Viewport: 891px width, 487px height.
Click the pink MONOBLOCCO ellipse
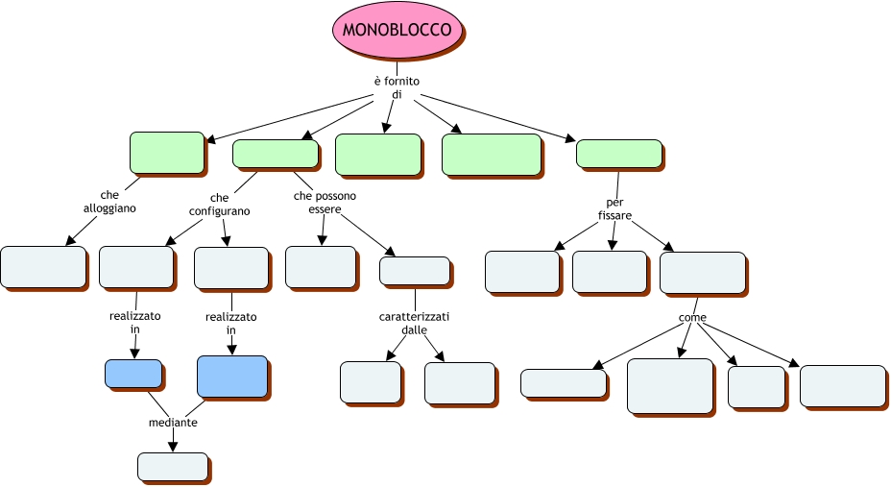[x=397, y=30]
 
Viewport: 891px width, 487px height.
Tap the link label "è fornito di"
[x=397, y=87]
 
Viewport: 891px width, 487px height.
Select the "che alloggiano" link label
[x=109, y=201]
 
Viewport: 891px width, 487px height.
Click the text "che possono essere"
[x=325, y=203]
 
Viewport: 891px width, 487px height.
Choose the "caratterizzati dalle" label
[x=414, y=323]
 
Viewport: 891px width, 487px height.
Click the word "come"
[x=692, y=317]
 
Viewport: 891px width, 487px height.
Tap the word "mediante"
[x=173, y=423]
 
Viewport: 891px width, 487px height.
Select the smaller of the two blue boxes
[x=132, y=373]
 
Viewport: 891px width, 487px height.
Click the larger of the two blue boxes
[x=231, y=376]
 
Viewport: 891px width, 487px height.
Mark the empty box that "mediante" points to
[x=172, y=466]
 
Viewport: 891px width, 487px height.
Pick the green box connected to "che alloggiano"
[x=166, y=152]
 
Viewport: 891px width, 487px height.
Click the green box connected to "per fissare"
[x=618, y=153]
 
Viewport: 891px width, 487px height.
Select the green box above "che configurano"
[x=275, y=154]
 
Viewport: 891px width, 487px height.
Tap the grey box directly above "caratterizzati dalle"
[x=414, y=270]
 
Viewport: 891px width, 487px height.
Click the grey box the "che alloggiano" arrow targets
[x=43, y=266]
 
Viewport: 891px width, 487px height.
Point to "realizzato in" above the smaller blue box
[x=135, y=322]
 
